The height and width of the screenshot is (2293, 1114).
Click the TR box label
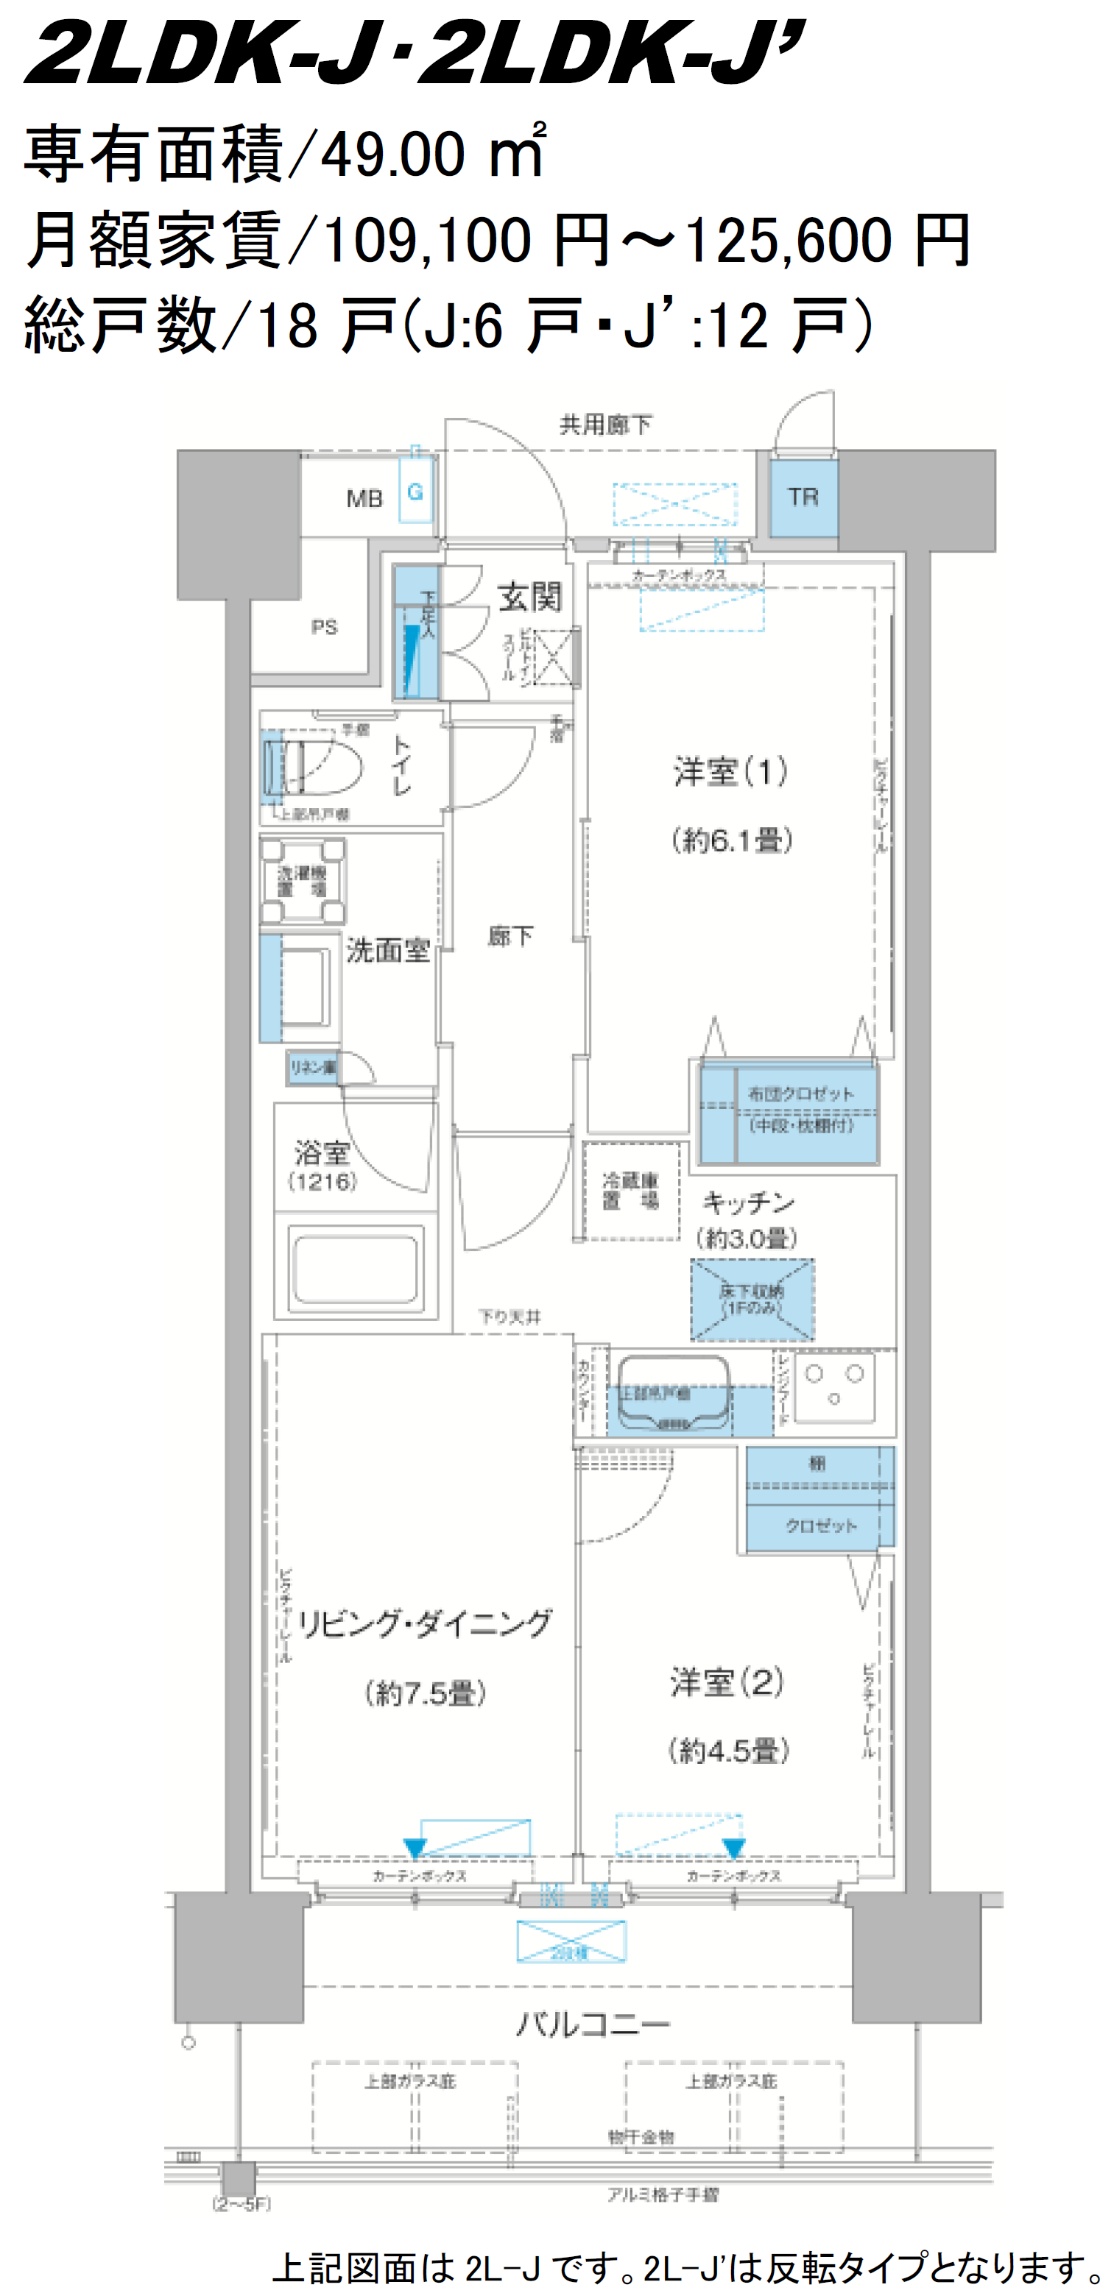[803, 497]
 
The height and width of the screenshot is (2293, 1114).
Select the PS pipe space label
[324, 628]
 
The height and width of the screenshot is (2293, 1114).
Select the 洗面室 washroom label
[387, 951]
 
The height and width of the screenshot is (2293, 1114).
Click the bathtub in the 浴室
[356, 1268]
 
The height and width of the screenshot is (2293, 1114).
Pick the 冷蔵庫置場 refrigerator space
[630, 1191]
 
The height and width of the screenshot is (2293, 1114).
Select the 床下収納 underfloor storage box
[752, 1300]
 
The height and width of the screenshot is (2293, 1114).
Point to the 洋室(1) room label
[730, 771]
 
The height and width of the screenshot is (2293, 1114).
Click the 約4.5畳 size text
[728, 1751]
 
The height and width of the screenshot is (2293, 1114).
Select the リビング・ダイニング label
[424, 1623]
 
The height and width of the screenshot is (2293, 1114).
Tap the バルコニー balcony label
[592, 2025]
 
